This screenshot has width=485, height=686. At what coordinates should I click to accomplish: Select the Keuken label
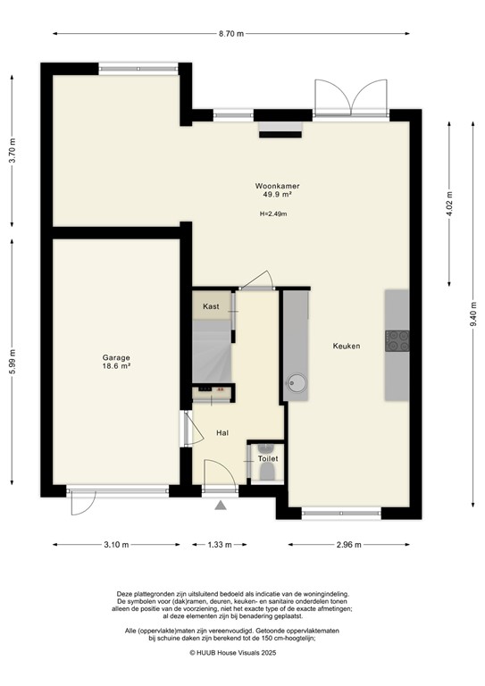tap(347, 347)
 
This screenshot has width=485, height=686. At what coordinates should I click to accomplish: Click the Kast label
tap(211, 306)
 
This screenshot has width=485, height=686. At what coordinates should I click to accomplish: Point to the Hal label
tap(222, 433)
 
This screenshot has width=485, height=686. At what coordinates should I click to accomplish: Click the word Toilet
tap(268, 458)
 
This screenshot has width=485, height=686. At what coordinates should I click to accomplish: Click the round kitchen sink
tap(298, 385)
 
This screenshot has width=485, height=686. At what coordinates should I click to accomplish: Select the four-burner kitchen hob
tap(397, 340)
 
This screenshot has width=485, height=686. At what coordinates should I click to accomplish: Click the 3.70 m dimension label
tap(12, 147)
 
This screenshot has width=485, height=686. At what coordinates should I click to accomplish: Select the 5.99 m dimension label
tap(12, 362)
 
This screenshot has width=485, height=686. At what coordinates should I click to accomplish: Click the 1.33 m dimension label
tap(219, 545)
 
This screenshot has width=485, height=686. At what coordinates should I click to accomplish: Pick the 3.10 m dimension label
tap(115, 545)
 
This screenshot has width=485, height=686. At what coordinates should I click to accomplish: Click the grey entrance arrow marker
tap(221, 506)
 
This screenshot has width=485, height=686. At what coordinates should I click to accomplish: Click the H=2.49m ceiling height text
tap(273, 213)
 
